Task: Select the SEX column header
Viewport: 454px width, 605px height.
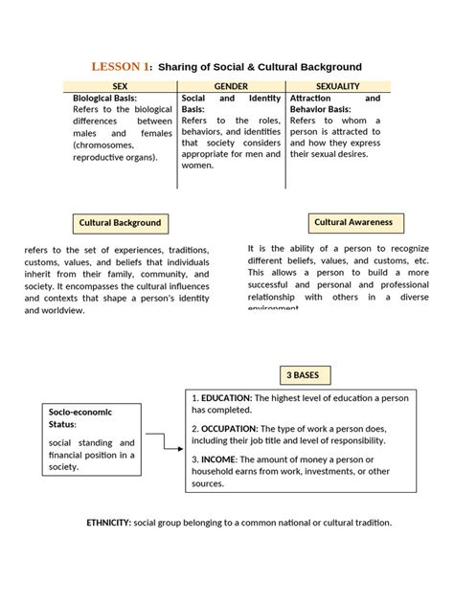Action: tap(124, 86)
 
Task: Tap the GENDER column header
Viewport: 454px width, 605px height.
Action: tap(231, 86)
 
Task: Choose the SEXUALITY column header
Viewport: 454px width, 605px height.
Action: tap(337, 86)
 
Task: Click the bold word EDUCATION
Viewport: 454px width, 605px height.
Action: tap(227, 397)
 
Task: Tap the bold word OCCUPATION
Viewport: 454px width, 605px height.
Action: tap(231, 428)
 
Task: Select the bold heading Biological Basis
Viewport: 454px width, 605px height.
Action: tap(105, 98)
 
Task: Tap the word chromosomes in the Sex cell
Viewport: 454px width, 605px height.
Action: tap(108, 144)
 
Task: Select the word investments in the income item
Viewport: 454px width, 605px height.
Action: tap(326, 472)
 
